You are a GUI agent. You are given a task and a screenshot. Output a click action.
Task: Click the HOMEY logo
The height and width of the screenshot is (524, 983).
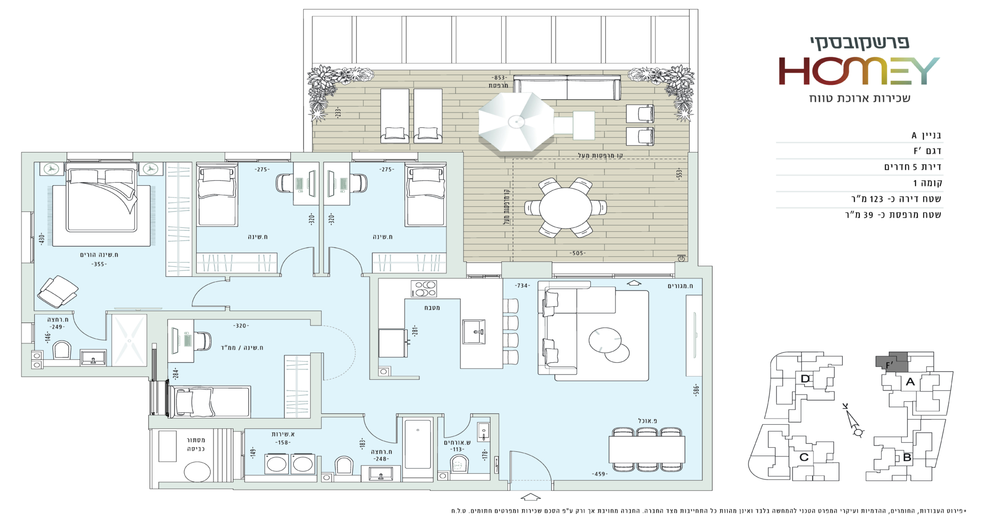[x=859, y=71]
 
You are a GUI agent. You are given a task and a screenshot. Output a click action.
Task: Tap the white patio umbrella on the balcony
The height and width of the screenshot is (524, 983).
[x=516, y=122]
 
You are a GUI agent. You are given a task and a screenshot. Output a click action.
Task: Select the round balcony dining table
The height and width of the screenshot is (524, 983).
[x=565, y=208]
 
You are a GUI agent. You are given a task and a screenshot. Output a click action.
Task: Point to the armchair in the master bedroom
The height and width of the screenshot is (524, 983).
[x=57, y=291]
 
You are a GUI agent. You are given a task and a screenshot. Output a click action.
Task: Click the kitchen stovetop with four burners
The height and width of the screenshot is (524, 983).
[x=424, y=289]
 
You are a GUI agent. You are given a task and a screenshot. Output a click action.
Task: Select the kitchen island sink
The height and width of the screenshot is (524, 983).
[x=475, y=332]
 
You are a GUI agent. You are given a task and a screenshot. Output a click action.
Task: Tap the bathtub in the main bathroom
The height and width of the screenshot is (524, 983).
[x=418, y=444]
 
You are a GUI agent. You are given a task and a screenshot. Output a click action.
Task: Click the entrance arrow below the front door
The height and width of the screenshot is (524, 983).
[x=530, y=496]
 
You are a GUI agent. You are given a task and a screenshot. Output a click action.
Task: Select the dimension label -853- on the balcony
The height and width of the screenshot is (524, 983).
[x=499, y=78]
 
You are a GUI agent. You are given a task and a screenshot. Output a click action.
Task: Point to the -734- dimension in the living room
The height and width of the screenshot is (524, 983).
[x=522, y=286]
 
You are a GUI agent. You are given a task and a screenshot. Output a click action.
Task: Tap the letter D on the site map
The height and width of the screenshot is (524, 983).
[x=805, y=379]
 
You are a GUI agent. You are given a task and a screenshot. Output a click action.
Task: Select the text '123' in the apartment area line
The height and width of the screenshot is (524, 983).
[x=877, y=199]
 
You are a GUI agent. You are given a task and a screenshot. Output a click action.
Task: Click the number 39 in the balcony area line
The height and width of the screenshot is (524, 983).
[x=868, y=215]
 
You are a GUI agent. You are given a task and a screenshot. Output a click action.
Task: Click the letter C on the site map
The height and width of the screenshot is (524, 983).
[x=804, y=457]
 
